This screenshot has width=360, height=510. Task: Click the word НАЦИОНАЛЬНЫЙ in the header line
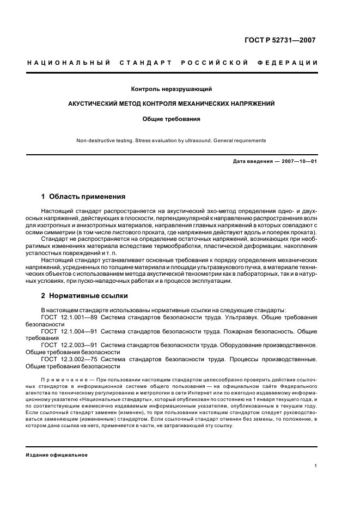pos(69,63)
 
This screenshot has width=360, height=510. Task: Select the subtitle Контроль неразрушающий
pos(171,89)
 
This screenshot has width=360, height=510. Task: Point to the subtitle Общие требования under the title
pos(171,118)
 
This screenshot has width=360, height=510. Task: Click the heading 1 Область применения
pos(83,197)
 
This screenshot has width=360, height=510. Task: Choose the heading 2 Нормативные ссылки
pos(84,296)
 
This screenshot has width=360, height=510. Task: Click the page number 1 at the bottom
pos(316,466)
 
